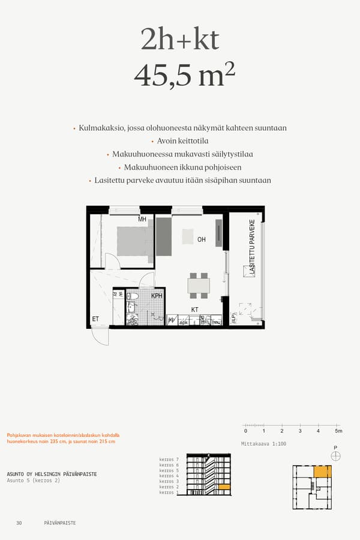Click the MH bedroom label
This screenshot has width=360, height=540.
point(142,220)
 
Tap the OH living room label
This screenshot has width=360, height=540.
point(202,239)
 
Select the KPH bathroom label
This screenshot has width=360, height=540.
point(157,296)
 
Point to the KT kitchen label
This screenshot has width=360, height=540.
point(194,310)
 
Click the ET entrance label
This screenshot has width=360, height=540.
point(95,319)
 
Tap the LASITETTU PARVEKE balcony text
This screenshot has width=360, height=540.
point(253,247)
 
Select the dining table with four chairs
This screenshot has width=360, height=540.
point(199,286)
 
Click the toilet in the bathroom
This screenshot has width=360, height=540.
point(133,296)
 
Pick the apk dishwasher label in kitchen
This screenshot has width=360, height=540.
point(184,322)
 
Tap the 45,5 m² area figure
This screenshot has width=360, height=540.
point(184,76)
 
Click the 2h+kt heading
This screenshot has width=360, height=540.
point(180,40)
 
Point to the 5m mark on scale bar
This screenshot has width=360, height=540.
point(338,431)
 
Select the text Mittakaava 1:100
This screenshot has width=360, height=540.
point(263,444)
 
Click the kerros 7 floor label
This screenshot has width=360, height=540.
point(169,459)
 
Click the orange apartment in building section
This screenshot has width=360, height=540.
point(224,487)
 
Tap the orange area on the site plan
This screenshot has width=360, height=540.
point(323,472)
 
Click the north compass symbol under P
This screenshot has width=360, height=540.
point(335,456)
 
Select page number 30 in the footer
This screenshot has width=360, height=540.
point(19,523)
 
